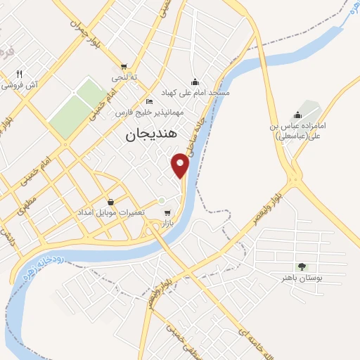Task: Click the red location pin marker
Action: pyautogui.click(x=181, y=165)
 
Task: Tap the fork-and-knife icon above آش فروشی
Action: pyautogui.click(x=20, y=74)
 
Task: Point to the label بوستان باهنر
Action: pyautogui.click(x=302, y=278)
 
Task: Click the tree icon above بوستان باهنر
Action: pyautogui.click(x=302, y=266)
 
